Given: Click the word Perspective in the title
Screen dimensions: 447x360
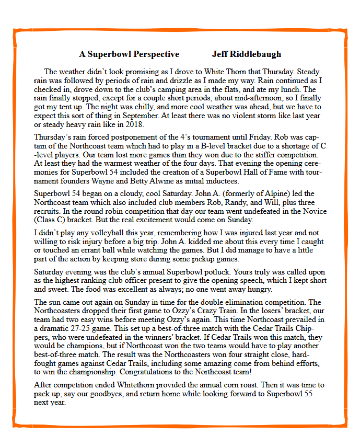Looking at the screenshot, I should coord(156,54).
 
